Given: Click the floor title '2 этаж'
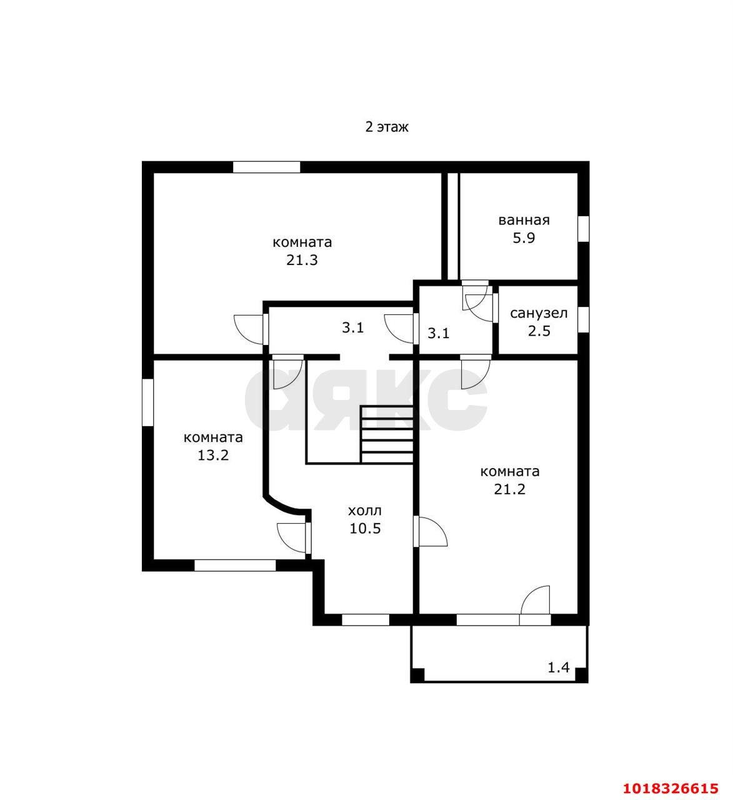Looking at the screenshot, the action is point(387,127).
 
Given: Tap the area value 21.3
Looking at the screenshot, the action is point(302,260).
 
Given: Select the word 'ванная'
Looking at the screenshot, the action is point(524,220).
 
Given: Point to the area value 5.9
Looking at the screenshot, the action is point(524,237).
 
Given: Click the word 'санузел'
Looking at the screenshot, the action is point(539,313).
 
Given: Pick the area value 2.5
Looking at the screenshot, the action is point(539,331).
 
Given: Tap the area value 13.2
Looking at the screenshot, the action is point(213,455).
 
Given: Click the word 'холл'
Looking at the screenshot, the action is point(365,511).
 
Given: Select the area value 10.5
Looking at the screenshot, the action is point(366,528).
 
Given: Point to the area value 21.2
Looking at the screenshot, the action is point(510,489).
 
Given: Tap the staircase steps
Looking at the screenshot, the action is point(386,435).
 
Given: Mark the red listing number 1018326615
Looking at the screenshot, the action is point(671,787).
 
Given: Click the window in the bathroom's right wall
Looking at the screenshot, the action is point(584,229).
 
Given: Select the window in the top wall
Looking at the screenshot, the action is point(266,167).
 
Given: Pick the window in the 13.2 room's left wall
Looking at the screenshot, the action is point(148,402).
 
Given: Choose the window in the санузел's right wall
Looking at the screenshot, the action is point(584,319).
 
